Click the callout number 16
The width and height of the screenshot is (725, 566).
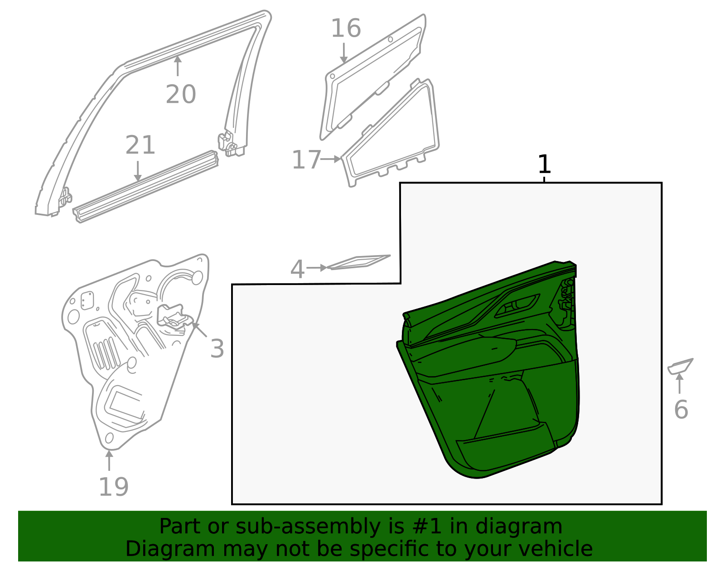pos(346,29)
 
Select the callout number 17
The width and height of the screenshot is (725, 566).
pos(306,160)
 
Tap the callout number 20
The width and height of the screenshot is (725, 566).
pos(180,94)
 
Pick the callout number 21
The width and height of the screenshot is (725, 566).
pos(140,145)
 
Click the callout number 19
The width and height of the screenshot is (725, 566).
pos(113,487)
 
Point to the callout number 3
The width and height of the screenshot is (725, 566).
pos(217,349)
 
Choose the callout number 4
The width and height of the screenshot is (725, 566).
pos(297,270)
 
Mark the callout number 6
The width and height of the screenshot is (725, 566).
pos(681,410)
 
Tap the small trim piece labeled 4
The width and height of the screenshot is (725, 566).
pos(358,262)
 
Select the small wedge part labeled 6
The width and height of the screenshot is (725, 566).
pos(680,366)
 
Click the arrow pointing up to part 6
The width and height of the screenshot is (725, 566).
pos(680,383)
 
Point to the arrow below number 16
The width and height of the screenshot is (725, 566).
pos(344,53)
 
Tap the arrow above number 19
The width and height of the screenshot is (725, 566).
pos(109,460)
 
